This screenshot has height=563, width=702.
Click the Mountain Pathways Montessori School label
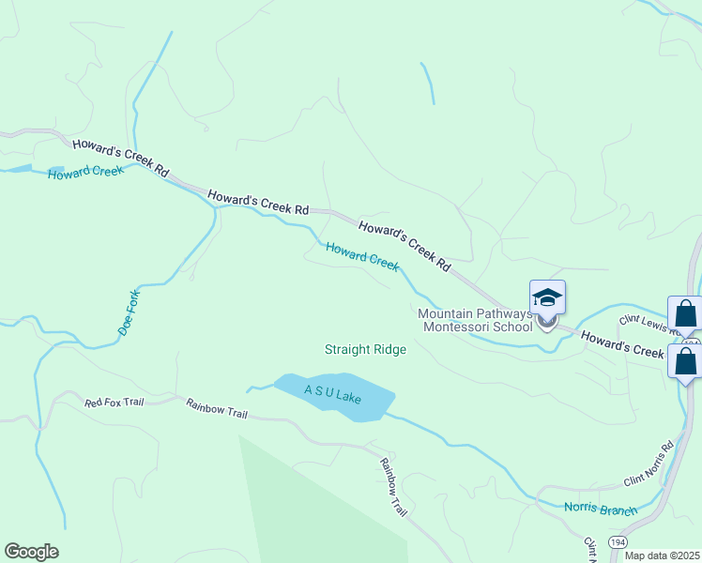point(475,320)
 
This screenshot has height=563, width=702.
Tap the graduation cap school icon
point(547,299)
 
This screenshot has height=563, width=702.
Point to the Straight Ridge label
point(365,349)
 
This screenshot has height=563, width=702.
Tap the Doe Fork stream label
point(129,313)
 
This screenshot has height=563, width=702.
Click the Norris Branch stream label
point(600,510)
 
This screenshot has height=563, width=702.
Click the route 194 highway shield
point(618,543)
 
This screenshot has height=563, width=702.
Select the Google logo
point(31,552)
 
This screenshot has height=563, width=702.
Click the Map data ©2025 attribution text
point(662,555)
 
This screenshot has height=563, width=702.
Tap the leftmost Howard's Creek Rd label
point(120,159)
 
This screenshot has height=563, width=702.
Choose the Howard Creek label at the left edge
point(85,174)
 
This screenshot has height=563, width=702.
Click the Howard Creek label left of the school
point(362,256)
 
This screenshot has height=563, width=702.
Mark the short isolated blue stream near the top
point(428,84)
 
